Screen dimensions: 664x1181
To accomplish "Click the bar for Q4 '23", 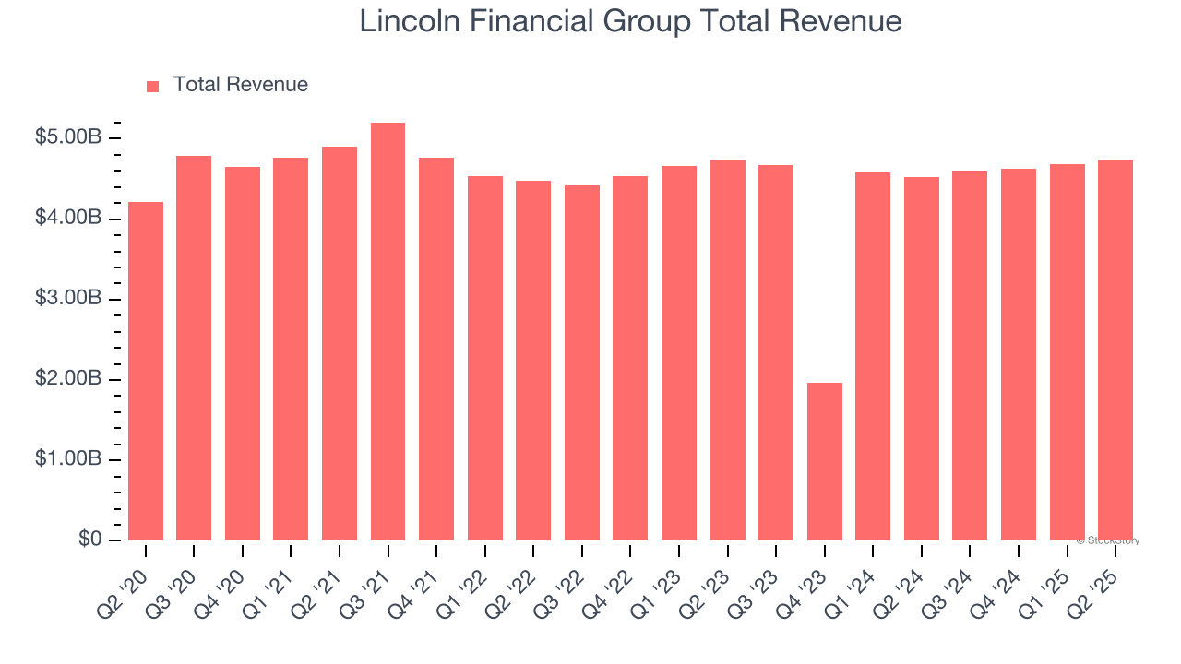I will [x=824, y=461].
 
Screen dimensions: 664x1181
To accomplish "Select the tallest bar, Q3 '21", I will [x=388, y=332].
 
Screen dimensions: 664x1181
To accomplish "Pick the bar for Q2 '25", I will [x=1115, y=350].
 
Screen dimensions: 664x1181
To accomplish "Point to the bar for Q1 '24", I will [x=873, y=356].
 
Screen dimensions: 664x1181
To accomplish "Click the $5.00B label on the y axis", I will [x=67, y=138].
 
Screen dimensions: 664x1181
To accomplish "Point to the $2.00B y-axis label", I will [x=67, y=379].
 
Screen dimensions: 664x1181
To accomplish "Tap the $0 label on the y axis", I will [x=89, y=539].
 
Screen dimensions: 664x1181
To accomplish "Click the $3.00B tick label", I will [x=67, y=299].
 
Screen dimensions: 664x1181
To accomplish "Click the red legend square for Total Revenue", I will [x=153, y=86].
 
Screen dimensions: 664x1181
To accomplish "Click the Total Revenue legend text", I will [x=240, y=85].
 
